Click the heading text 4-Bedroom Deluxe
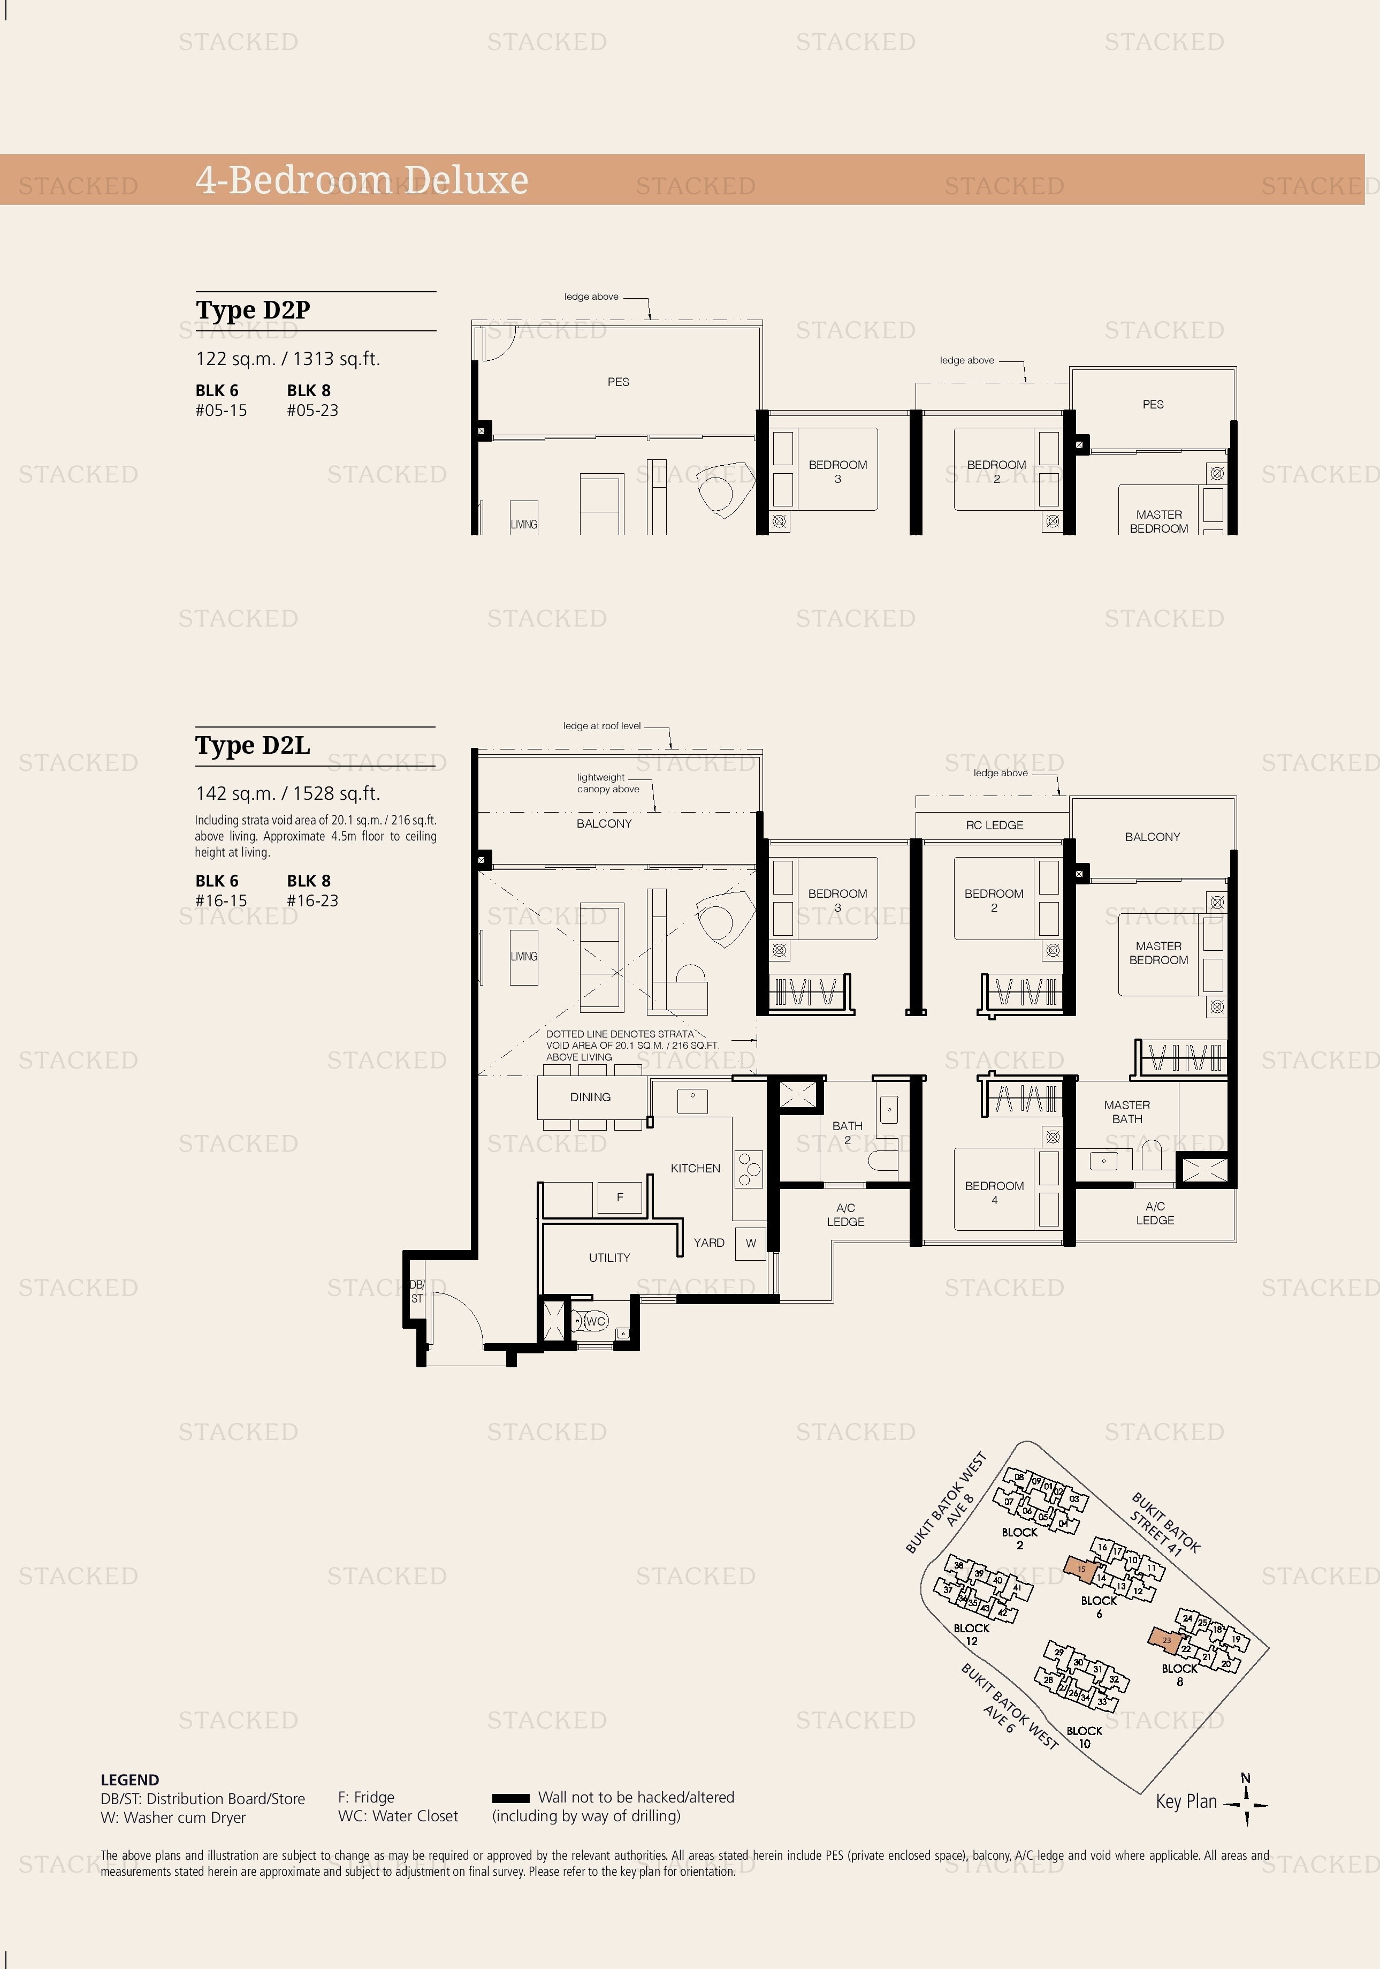point(362,180)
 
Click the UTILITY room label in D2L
point(609,1257)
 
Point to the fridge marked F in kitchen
point(620,1197)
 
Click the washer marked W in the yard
point(751,1243)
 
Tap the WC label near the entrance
point(596,1321)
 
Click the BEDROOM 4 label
point(994,1193)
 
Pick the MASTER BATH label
point(1127,1111)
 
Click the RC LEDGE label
point(994,825)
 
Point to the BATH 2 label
point(847,1132)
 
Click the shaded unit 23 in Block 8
point(1166,1640)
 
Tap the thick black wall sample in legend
point(511,1798)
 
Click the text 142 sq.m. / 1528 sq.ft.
point(287,793)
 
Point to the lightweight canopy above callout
point(608,783)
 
